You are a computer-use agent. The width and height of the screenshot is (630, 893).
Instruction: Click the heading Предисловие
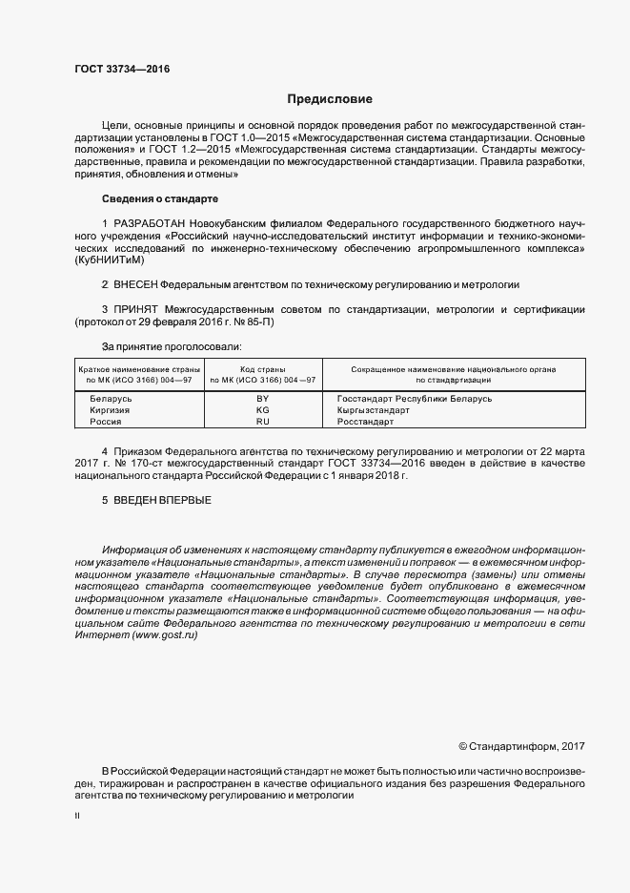coord(330,99)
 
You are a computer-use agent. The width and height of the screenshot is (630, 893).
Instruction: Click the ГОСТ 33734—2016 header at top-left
coord(115,69)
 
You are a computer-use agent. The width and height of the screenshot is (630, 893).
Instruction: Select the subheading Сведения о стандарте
coord(160,198)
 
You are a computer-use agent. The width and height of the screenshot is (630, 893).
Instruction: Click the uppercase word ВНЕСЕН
coord(134,285)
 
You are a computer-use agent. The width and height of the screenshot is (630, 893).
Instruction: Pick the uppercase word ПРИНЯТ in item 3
coord(137,310)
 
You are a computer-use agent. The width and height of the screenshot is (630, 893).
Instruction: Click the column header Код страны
coord(263,368)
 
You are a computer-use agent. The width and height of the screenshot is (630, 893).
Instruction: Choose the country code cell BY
coord(263,398)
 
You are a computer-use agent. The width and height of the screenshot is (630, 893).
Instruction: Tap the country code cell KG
coord(263,409)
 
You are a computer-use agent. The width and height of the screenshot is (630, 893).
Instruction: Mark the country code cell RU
coord(263,421)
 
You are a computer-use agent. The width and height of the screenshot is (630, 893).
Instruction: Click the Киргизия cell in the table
coord(110,409)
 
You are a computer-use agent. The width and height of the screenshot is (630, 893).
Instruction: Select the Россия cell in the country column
coord(106,421)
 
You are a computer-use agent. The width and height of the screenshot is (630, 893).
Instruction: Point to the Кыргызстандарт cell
coord(374,409)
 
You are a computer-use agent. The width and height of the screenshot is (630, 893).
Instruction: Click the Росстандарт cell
coord(366,421)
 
